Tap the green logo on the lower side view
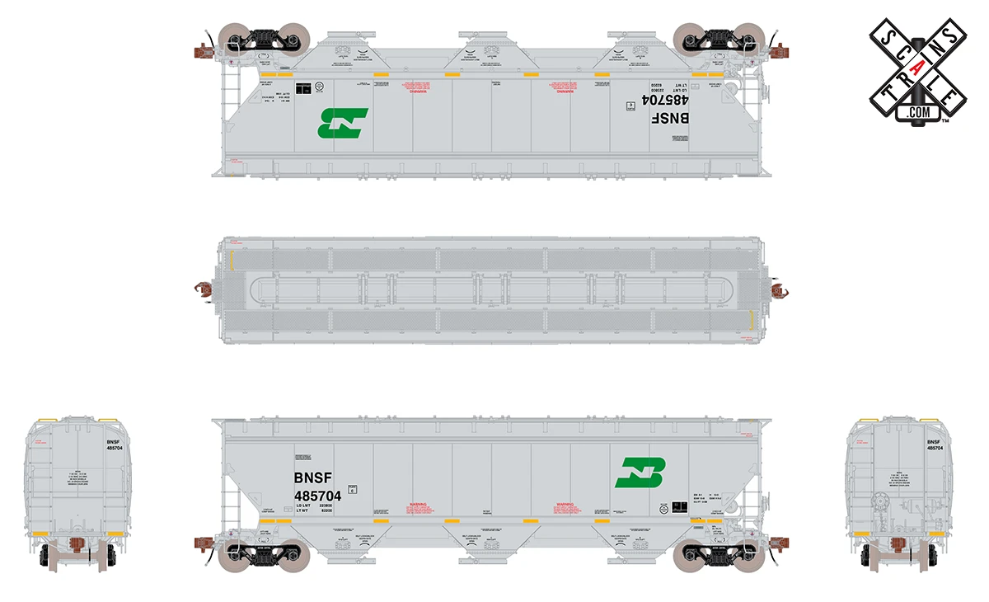640,472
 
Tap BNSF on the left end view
113,442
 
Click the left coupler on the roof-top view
202,289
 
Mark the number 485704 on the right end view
935,449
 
